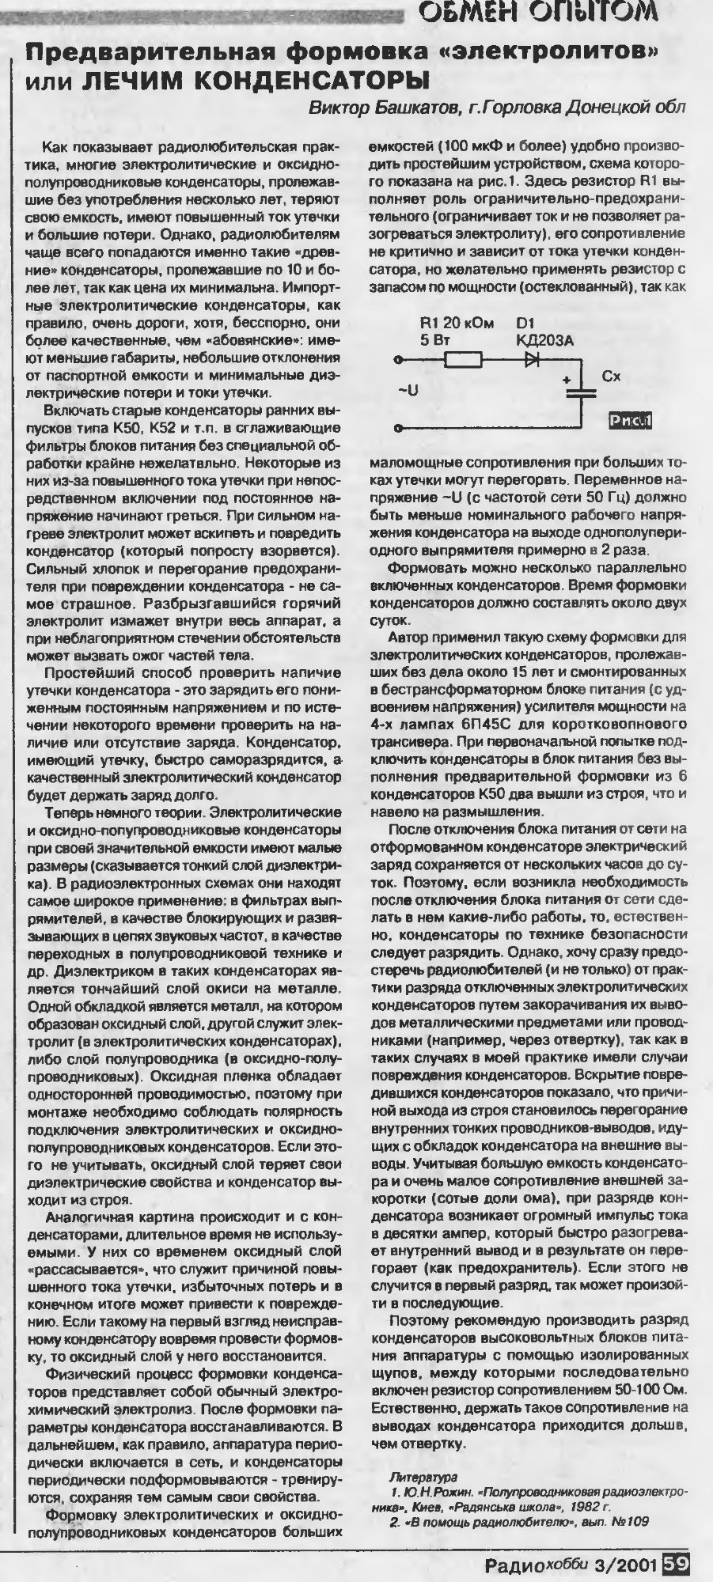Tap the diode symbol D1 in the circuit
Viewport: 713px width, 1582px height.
coord(531,360)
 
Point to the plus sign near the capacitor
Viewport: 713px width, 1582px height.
coord(567,380)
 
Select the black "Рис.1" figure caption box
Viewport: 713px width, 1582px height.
coord(629,422)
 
